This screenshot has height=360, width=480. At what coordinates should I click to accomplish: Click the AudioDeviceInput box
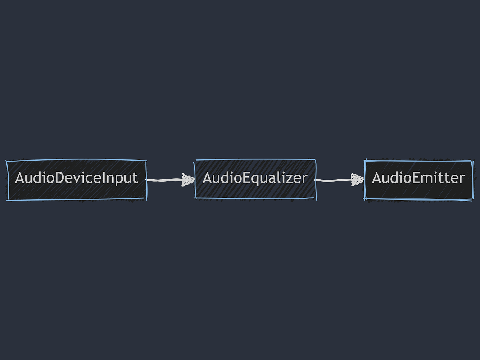coord(76,180)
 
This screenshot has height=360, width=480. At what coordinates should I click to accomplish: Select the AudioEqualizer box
coord(255,179)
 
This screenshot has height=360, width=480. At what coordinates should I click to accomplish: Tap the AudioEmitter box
coord(418,180)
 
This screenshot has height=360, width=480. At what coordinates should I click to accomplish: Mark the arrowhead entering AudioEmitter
coord(357,179)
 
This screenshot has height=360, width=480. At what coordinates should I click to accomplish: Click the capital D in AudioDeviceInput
coord(60,178)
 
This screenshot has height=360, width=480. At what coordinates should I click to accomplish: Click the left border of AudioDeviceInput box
coord(7,180)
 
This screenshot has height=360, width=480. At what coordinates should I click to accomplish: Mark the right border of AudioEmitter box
coord(472,180)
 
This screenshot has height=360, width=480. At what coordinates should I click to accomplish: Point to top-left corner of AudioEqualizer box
coord(195,160)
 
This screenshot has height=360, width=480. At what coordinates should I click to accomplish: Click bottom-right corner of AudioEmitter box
coord(472,199)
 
